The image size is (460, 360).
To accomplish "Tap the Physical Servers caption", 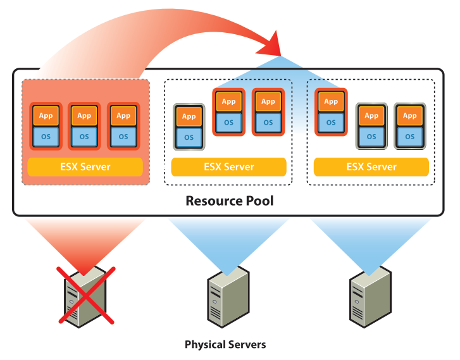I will [225, 345].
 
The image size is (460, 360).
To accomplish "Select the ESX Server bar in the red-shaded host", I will [85, 167].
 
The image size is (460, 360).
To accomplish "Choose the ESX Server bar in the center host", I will [228, 167].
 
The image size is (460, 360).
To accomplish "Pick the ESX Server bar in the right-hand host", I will [371, 167].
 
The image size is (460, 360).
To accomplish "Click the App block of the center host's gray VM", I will [189, 116].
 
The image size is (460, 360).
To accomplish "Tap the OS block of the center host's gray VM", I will [189, 137].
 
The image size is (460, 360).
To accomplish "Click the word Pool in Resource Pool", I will [258, 201].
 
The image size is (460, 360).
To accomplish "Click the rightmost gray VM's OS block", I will [410, 136].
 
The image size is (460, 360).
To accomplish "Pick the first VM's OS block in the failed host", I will [46, 136].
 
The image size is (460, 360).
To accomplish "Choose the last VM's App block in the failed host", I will [123, 116].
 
